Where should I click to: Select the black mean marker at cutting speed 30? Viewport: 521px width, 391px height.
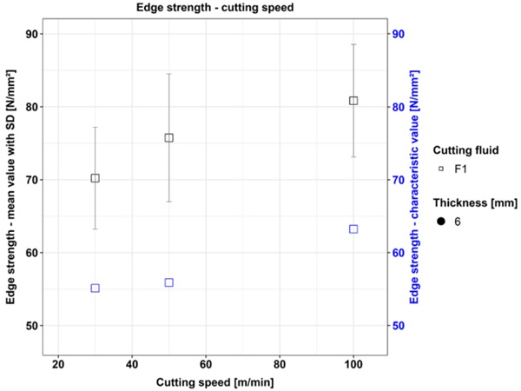95,178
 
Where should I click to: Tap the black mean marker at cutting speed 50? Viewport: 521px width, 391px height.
168,137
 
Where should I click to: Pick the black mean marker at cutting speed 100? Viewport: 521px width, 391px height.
353,101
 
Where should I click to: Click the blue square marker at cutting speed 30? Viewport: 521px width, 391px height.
95,288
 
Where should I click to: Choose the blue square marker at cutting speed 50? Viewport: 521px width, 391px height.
168,282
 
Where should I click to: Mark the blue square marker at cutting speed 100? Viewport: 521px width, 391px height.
353,229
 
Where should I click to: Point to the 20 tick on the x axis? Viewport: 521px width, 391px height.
58,364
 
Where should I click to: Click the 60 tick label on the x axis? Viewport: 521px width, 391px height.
206,364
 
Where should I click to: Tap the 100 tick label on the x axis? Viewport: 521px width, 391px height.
353,364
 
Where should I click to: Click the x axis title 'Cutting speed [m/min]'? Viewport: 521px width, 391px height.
205,381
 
